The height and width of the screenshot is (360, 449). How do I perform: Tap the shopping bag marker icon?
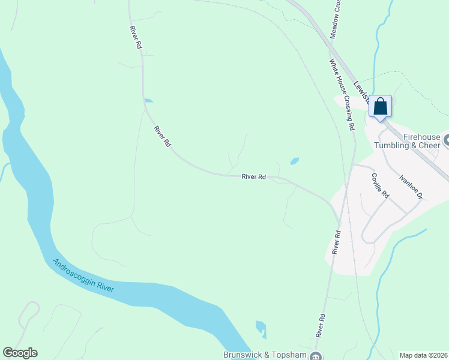380,107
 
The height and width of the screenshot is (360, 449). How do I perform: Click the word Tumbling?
392,146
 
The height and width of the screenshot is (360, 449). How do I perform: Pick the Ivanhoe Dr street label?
412,187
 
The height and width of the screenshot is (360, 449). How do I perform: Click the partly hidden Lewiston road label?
361,90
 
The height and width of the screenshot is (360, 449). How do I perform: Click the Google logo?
20,353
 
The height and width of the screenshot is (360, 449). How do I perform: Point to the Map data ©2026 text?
423,355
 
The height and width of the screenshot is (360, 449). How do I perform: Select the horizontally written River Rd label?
253,177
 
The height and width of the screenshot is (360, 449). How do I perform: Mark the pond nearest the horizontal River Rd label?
294,161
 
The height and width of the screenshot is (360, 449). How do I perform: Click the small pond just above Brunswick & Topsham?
261,328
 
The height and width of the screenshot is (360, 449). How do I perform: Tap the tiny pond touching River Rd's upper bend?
148,100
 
